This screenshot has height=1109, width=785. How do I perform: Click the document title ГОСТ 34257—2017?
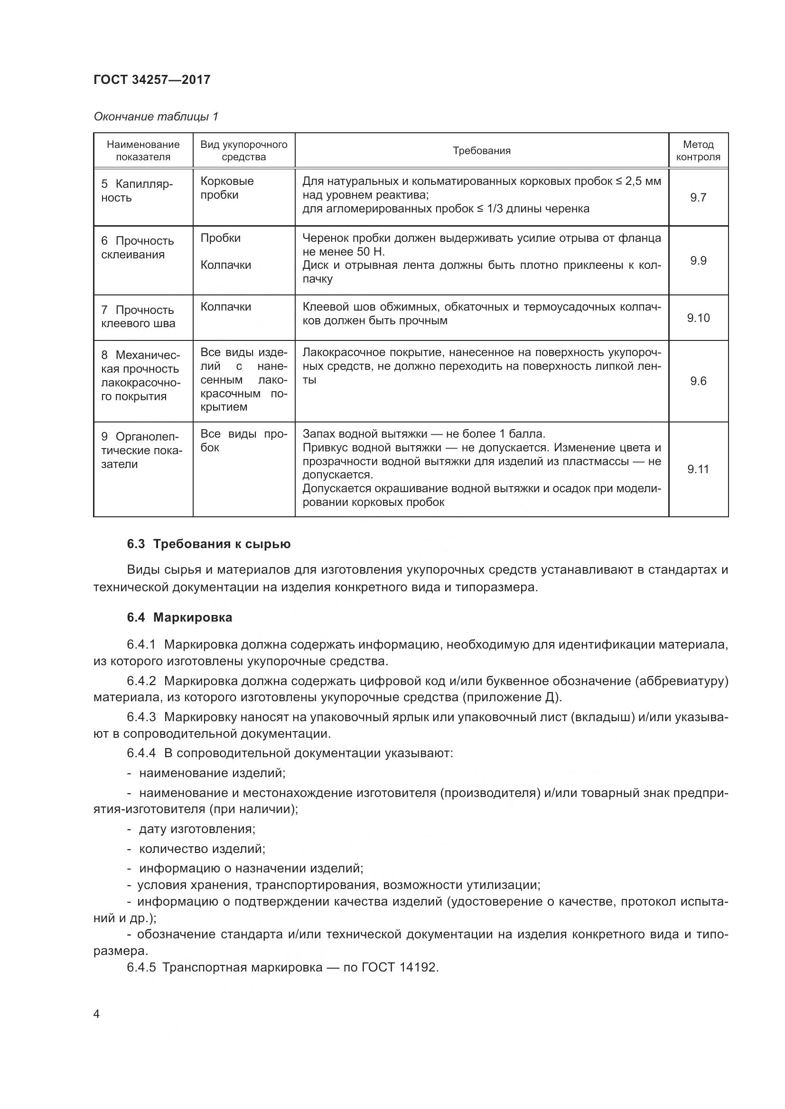(152, 80)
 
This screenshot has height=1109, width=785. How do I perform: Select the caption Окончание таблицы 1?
(156, 117)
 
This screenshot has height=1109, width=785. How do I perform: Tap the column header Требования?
(481, 151)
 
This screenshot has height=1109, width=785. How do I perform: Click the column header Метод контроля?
(698, 151)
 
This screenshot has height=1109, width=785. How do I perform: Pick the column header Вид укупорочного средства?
(243, 151)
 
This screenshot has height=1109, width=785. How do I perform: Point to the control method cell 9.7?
(698, 197)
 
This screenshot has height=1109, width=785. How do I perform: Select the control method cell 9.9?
(698, 261)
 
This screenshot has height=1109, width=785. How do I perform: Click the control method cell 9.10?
(698, 318)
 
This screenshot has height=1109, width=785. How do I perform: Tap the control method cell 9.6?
(698, 381)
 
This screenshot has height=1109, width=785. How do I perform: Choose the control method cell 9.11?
(698, 469)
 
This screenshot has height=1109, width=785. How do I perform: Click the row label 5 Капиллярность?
(137, 191)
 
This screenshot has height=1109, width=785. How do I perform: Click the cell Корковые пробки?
(227, 188)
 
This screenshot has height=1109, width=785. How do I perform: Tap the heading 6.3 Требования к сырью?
(208, 544)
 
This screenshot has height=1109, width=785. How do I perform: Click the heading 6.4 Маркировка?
(179, 617)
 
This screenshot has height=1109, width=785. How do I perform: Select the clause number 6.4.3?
(141, 717)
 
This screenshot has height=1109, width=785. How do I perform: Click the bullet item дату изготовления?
(197, 829)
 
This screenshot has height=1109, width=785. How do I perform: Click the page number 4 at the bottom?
(97, 1014)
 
